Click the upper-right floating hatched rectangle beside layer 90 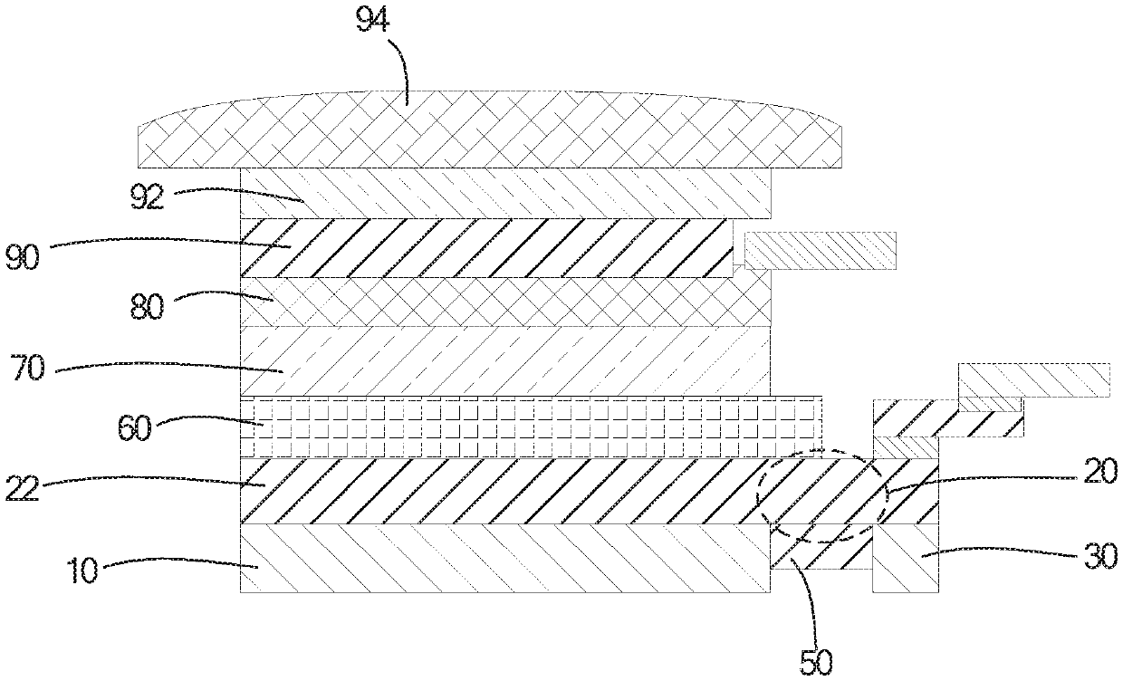(821, 251)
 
